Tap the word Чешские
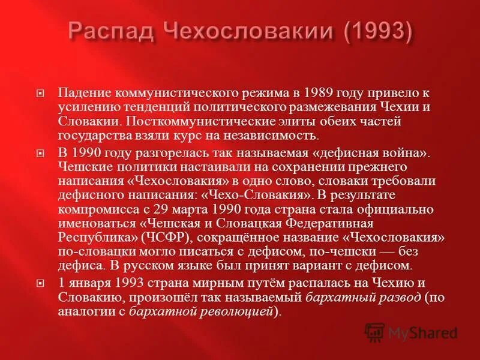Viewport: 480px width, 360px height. (82, 167)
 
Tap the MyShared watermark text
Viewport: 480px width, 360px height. (422, 332)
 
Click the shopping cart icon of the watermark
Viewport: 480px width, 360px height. (375, 332)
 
